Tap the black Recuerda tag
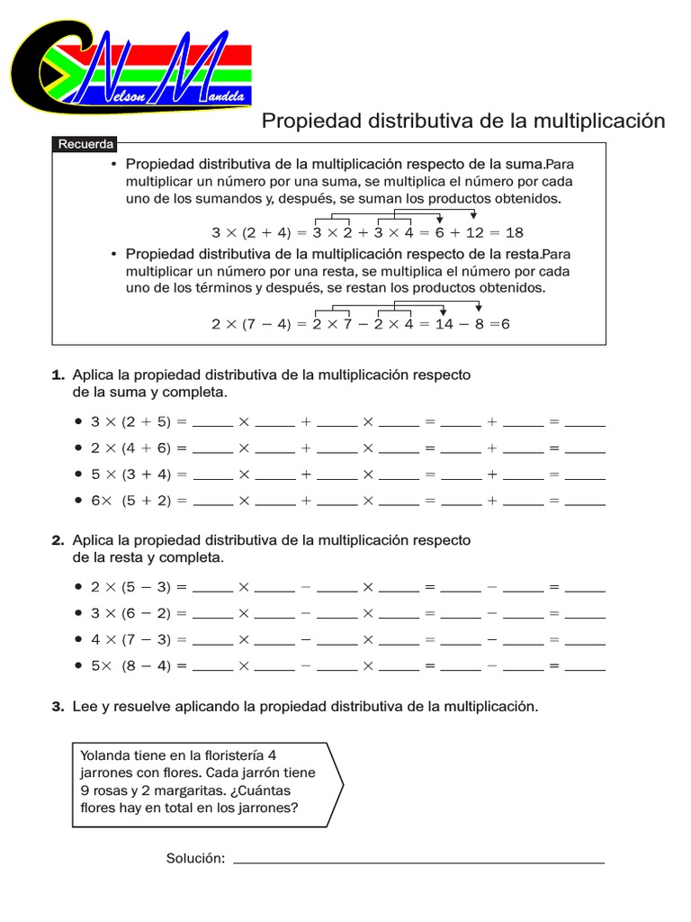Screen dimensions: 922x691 point(85,144)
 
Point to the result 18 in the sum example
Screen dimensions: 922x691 point(515,231)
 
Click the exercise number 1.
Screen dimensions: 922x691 point(58,375)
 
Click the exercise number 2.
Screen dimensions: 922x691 point(58,540)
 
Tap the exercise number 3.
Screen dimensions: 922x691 point(58,707)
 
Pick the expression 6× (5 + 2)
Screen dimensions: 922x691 point(131,501)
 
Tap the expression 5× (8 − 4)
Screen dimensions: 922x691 point(131,666)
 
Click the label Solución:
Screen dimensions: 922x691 point(195,858)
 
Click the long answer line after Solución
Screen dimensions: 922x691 point(419,862)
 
